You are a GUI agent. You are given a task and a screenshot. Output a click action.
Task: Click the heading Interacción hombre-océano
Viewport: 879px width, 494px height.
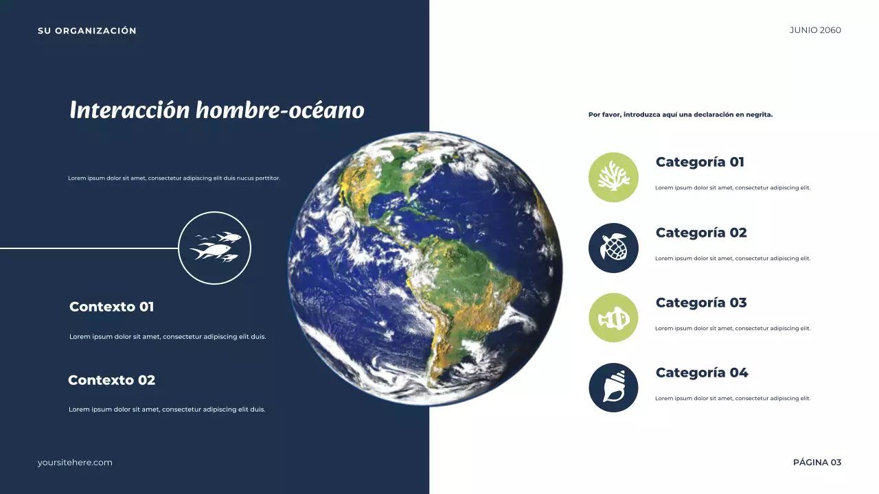pos(217,110)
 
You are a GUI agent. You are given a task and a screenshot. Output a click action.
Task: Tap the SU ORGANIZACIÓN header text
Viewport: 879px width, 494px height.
pos(87,31)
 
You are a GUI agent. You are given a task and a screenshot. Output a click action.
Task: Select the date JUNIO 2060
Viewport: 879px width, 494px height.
pos(815,30)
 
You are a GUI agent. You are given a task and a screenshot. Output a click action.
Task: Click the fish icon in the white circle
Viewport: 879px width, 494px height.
pos(215,248)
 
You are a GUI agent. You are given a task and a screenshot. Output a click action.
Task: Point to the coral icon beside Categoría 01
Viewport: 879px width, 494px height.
pos(613,177)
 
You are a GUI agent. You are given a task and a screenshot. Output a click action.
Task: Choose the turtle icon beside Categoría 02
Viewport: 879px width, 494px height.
pos(613,248)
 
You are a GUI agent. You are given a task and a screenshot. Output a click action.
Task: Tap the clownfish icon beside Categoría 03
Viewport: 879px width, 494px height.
pos(613,318)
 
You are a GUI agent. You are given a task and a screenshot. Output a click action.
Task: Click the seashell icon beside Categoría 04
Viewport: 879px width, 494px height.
pos(613,388)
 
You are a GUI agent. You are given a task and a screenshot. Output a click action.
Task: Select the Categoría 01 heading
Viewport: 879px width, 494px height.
pos(700,163)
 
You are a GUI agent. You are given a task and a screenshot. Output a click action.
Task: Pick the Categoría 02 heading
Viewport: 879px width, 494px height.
pos(701,233)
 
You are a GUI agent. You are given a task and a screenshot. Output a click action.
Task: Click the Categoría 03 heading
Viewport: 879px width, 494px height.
pos(701,303)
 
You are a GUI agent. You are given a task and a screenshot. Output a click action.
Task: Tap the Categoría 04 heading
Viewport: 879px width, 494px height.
pos(702,373)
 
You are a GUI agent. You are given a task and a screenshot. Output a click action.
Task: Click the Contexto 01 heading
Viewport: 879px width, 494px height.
pos(112,307)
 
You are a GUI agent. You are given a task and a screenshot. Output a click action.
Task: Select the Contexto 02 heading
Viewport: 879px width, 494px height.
pos(112,380)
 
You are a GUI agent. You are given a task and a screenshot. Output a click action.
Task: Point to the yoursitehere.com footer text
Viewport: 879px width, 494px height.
pos(75,462)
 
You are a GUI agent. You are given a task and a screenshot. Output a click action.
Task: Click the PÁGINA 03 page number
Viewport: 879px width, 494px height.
pos(817,462)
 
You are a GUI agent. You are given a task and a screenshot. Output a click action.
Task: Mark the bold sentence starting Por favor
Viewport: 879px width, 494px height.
pos(681,115)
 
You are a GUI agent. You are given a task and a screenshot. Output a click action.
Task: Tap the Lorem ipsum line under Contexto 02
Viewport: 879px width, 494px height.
pos(167,410)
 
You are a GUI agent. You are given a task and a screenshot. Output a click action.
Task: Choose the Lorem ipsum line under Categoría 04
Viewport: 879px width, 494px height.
pos(733,399)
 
